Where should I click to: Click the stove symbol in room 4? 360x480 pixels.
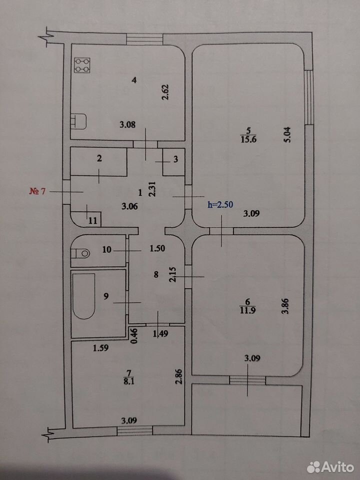coord(82,65)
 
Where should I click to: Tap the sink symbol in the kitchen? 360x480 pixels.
coord(78,121)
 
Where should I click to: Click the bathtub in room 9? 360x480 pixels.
coord(83,296)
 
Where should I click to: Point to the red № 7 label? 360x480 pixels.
coord(37,191)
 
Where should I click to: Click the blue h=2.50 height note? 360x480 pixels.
coord(220,204)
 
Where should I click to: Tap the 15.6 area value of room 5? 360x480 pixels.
coord(248,139)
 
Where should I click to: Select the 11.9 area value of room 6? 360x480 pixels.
coord(247,310)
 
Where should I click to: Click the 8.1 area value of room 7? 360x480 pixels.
coord(128,381)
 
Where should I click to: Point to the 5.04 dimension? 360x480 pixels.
coord(288,134)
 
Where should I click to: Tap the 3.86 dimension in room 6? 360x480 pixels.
coord(285,306)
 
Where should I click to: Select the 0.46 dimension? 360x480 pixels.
coord(134,336)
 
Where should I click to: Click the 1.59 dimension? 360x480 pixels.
coord(100,348)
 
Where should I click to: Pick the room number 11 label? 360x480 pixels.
coord(93,220)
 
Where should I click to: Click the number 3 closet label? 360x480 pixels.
coord(175,159)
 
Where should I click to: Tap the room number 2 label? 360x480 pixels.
coord(99,158)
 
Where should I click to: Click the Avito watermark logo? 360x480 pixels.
coord(330,467)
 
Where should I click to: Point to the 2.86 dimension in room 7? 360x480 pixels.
coord(179,376)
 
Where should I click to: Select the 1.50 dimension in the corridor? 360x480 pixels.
coord(157,248)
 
